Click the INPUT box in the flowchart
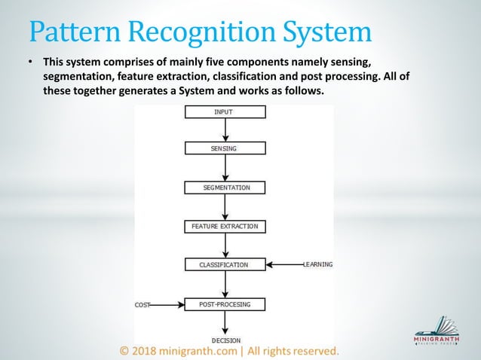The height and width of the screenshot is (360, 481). click(x=225, y=112)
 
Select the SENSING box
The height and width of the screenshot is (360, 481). click(x=225, y=148)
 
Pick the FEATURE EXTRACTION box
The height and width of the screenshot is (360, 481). click(x=225, y=226)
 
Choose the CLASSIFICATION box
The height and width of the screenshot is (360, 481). click(x=225, y=265)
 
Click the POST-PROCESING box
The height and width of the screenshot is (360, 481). click(x=225, y=304)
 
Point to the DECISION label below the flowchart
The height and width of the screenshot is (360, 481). click(x=226, y=340)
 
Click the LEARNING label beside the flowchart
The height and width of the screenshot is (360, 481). click(x=317, y=264)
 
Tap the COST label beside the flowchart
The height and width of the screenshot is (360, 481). click(x=142, y=305)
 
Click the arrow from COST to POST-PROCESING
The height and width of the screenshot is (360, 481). click(x=167, y=305)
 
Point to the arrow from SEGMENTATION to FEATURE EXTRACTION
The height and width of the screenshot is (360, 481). click(x=225, y=206)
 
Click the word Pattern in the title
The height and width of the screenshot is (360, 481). click(x=72, y=32)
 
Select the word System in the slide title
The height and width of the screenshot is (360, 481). click(x=329, y=32)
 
